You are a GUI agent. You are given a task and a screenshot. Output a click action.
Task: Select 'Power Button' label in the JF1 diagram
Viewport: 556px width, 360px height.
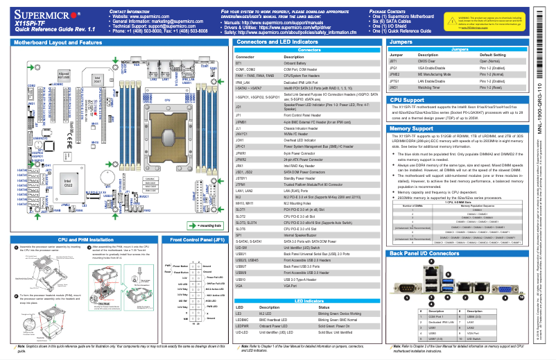coord(179,266)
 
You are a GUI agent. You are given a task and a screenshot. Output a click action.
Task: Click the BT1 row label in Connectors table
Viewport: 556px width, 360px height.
coord(238,62)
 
